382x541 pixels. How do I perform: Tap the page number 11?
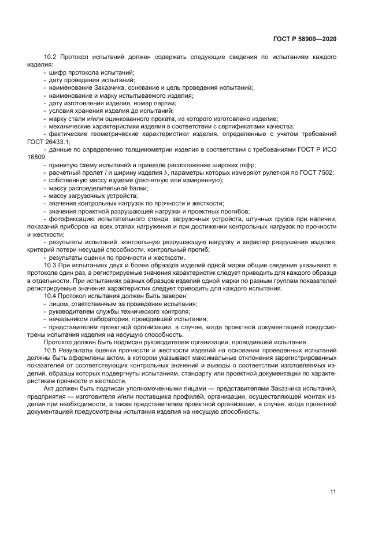point(333,492)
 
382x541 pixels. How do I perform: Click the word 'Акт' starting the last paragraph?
point(50,389)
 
